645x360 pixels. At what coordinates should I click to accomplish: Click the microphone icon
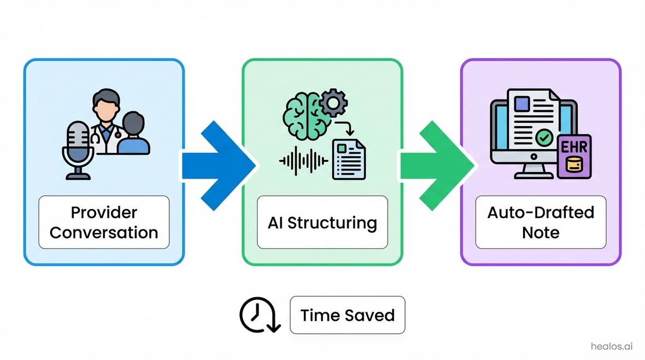78,144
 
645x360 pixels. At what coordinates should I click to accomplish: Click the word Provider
104,212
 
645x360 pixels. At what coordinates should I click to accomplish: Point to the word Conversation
104,233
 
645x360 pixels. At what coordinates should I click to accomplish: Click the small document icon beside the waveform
349,159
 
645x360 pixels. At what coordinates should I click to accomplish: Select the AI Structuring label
322,223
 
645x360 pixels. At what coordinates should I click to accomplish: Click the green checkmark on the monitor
544,138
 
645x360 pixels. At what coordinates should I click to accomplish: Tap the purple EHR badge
573,156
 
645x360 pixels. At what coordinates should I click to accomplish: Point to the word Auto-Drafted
541,212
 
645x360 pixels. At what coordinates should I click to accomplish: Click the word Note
541,233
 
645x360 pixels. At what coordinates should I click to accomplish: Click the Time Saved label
347,315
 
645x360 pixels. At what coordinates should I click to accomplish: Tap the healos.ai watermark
612,346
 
